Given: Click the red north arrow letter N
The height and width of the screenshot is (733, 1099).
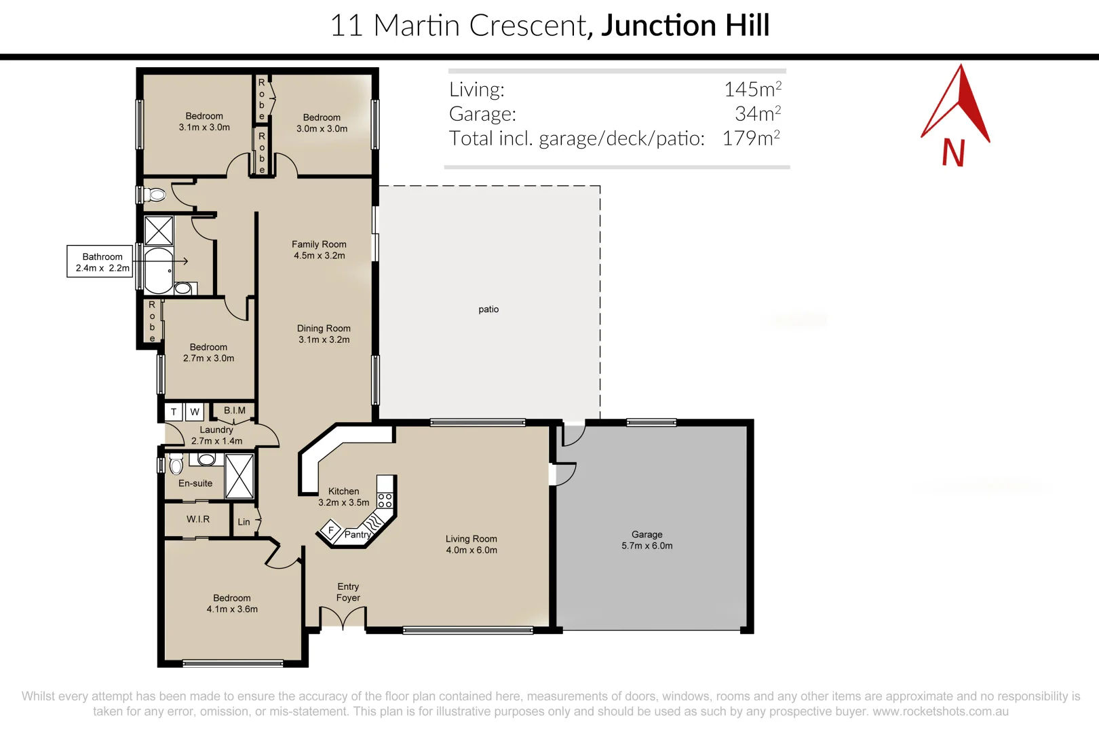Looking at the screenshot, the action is pyautogui.click(x=953, y=152).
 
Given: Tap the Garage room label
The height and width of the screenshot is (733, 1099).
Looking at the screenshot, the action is pyautogui.click(x=647, y=540).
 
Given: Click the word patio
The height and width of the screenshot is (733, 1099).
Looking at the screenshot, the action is pyautogui.click(x=488, y=309).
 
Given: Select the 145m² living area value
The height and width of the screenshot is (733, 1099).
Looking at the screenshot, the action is pyautogui.click(x=752, y=89).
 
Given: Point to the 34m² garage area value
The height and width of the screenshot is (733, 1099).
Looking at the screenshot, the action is pyautogui.click(x=758, y=113).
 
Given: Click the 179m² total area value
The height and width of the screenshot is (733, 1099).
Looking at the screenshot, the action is pyautogui.click(x=751, y=138).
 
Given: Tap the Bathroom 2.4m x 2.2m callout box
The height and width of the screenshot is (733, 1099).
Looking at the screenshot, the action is pyautogui.click(x=100, y=261).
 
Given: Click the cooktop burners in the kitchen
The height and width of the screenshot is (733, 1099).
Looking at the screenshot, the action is pyautogui.click(x=385, y=501).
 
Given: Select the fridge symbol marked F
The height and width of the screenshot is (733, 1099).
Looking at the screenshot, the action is pyautogui.click(x=330, y=531).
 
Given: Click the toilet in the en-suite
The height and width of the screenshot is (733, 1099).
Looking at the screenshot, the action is pyautogui.click(x=176, y=464).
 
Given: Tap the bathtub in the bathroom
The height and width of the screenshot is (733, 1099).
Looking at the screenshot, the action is pyautogui.click(x=159, y=269).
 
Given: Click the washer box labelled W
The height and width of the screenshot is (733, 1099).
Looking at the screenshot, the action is pyautogui.click(x=195, y=411).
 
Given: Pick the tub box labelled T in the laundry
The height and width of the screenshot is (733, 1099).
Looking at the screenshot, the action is pyautogui.click(x=173, y=411).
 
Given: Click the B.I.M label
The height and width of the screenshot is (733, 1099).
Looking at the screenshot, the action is pyautogui.click(x=235, y=410).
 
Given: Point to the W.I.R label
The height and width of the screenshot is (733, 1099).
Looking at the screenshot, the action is pyautogui.click(x=197, y=519).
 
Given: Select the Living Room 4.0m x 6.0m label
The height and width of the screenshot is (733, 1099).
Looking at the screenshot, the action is pyautogui.click(x=471, y=544).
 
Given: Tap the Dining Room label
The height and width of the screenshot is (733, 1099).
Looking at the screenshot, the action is pyautogui.click(x=324, y=334).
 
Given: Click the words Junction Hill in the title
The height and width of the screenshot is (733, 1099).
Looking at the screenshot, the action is pyautogui.click(x=685, y=26).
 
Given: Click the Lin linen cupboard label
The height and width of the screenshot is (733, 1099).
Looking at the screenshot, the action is pyautogui.click(x=244, y=522).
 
